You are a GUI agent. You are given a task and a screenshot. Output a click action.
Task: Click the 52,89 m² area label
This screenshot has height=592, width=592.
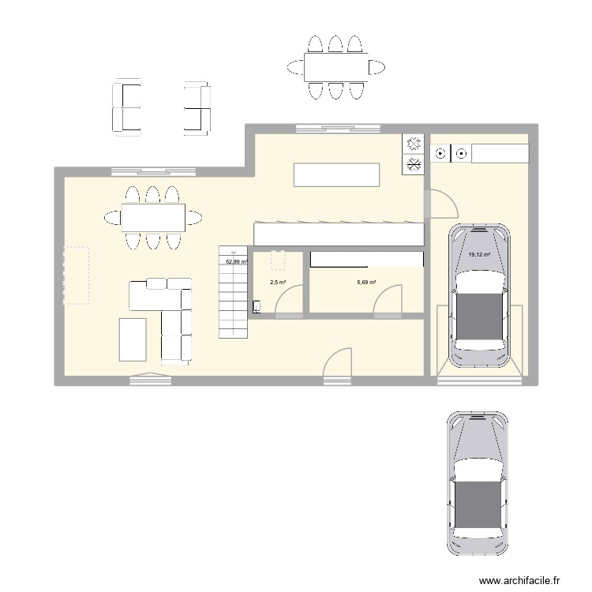(237, 261)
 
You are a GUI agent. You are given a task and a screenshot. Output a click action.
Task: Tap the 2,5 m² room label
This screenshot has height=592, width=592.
(277, 282)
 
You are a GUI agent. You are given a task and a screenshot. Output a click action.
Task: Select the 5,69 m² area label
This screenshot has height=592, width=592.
(366, 282)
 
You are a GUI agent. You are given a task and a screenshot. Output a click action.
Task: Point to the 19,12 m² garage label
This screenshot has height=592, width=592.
(479, 254)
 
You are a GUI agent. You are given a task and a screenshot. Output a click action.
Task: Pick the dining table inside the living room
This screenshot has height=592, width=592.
(153, 217)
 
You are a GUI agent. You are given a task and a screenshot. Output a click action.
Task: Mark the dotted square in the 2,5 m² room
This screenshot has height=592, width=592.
(278, 260)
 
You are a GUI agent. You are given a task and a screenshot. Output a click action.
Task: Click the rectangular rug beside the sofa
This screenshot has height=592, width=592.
(133, 339)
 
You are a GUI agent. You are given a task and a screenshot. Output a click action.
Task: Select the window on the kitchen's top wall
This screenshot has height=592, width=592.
(327, 129)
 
